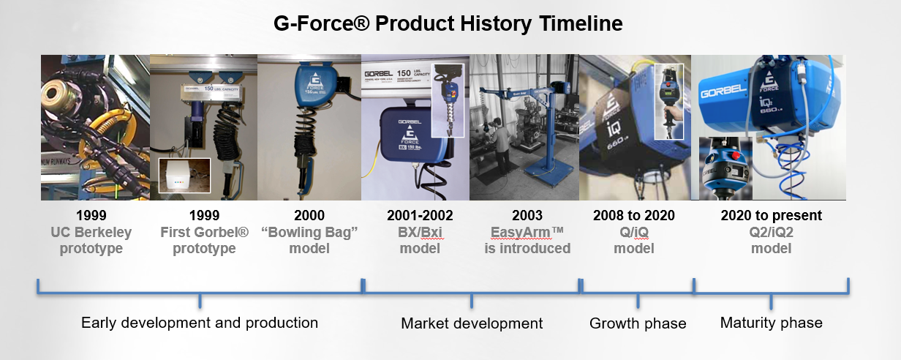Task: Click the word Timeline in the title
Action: (x=581, y=23)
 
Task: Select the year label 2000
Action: (x=309, y=215)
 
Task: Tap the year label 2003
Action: (x=527, y=215)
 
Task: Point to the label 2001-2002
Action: (x=420, y=215)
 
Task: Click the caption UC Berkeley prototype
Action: (x=91, y=240)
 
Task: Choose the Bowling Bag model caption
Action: (x=309, y=240)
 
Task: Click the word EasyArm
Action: (x=521, y=233)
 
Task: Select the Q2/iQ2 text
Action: (x=771, y=232)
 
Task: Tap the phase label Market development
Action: (x=472, y=323)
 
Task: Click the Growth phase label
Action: (x=638, y=323)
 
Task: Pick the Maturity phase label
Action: (x=771, y=323)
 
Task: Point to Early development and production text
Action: (x=200, y=323)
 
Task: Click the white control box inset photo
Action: (x=184, y=176)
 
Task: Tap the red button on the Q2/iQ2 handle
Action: (x=736, y=155)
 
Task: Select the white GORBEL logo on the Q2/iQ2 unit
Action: (x=723, y=91)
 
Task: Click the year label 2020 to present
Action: (x=771, y=215)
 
